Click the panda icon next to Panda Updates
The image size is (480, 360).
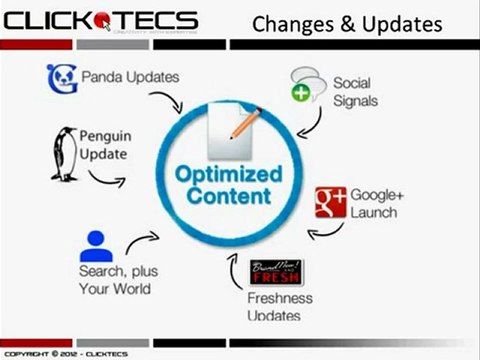62,76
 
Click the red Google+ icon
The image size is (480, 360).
331,202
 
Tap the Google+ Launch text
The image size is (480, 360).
374,203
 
